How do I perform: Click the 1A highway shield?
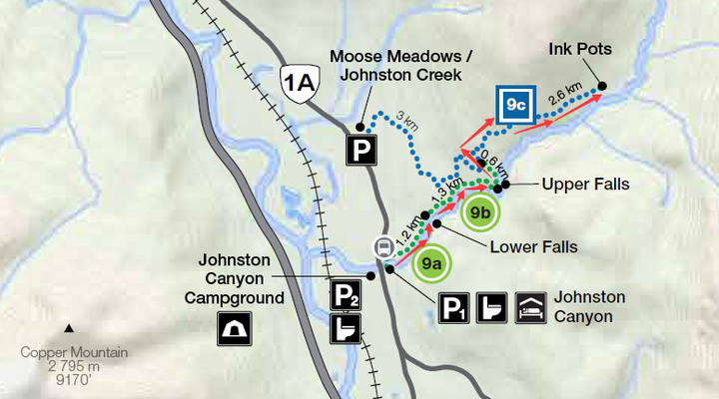coord(300,81)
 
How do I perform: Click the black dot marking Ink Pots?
coord(602,86)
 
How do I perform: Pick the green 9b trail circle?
coord(479,211)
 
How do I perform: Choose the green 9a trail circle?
coord(431,264)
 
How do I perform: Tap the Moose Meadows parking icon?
coord(359,151)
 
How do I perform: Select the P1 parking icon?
coord(454,308)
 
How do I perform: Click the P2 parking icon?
coord(346,294)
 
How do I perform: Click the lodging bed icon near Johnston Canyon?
coord(529,308)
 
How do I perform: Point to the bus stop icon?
coord(382,246)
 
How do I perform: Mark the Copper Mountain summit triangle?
coord(69,328)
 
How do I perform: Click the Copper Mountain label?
coord(75,352)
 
